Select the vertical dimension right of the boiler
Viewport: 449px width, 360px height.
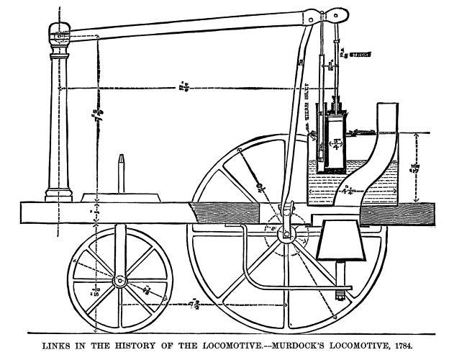pyautogui.click(x=416, y=167)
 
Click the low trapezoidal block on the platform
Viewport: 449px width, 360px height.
pyautogui.click(x=120, y=196)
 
